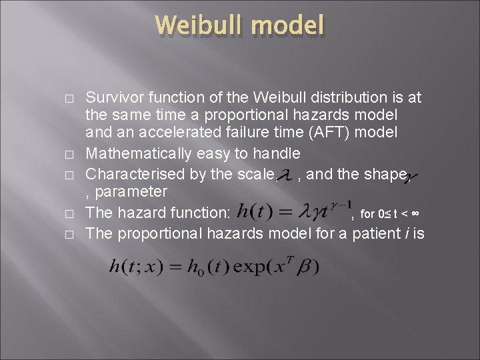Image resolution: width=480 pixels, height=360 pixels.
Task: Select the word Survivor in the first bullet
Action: coord(113,98)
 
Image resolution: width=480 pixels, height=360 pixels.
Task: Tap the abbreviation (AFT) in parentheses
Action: coord(329,133)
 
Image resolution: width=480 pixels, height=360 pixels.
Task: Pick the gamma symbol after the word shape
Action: coord(413,176)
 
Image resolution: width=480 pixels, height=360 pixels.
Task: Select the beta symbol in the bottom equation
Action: coord(307,266)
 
